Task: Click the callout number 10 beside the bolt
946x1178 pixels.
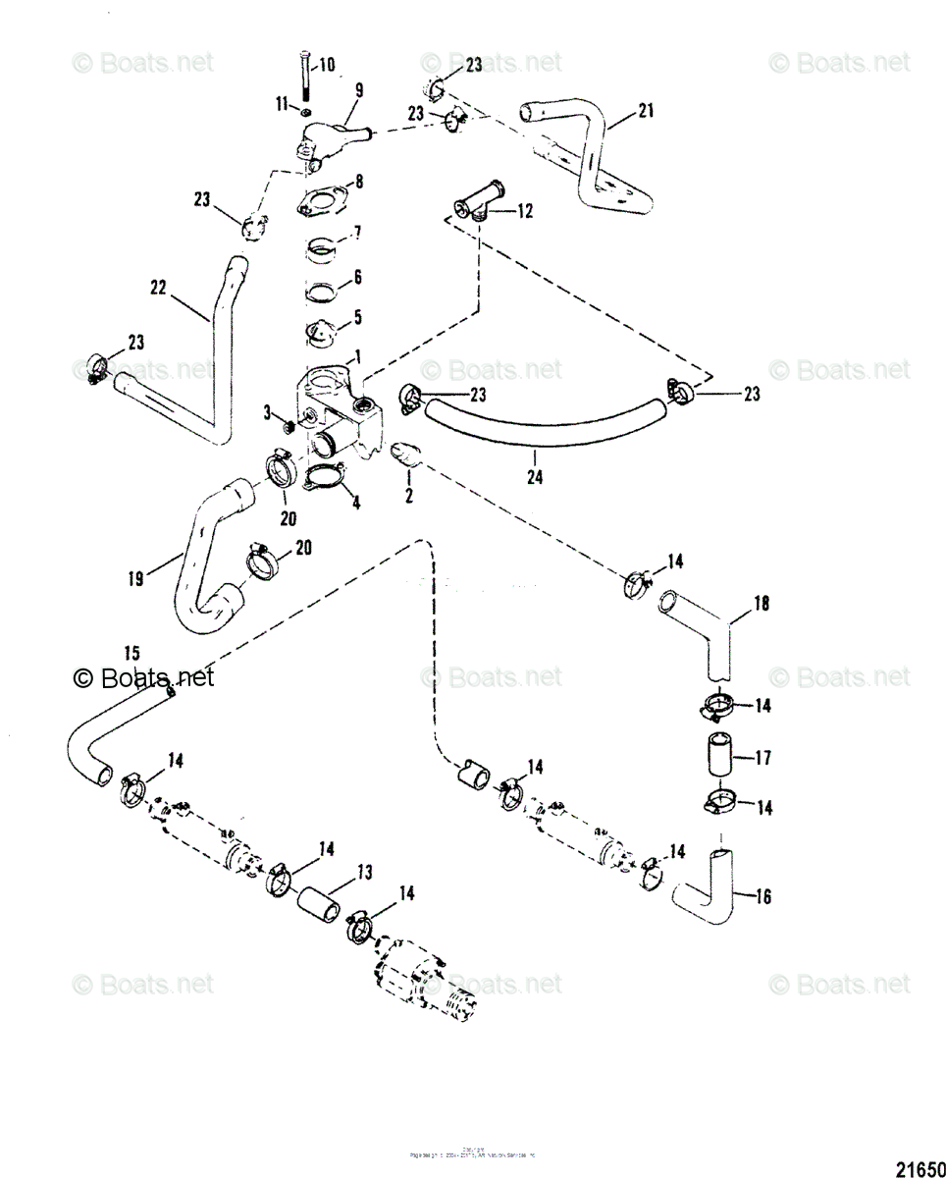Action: pos(327,65)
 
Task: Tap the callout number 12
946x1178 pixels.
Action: pos(525,210)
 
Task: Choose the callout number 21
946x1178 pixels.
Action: pos(644,110)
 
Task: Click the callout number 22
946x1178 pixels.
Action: pos(159,288)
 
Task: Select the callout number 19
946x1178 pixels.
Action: pos(135,578)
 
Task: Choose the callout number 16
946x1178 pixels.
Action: pos(762,895)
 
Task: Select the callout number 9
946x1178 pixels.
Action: pos(359,89)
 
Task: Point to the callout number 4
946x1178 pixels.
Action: pos(355,502)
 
